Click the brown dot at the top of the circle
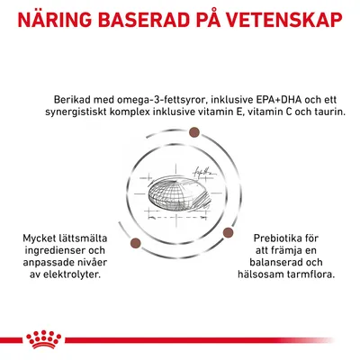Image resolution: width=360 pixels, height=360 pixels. (193, 133)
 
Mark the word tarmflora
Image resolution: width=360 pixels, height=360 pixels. (311, 274)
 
